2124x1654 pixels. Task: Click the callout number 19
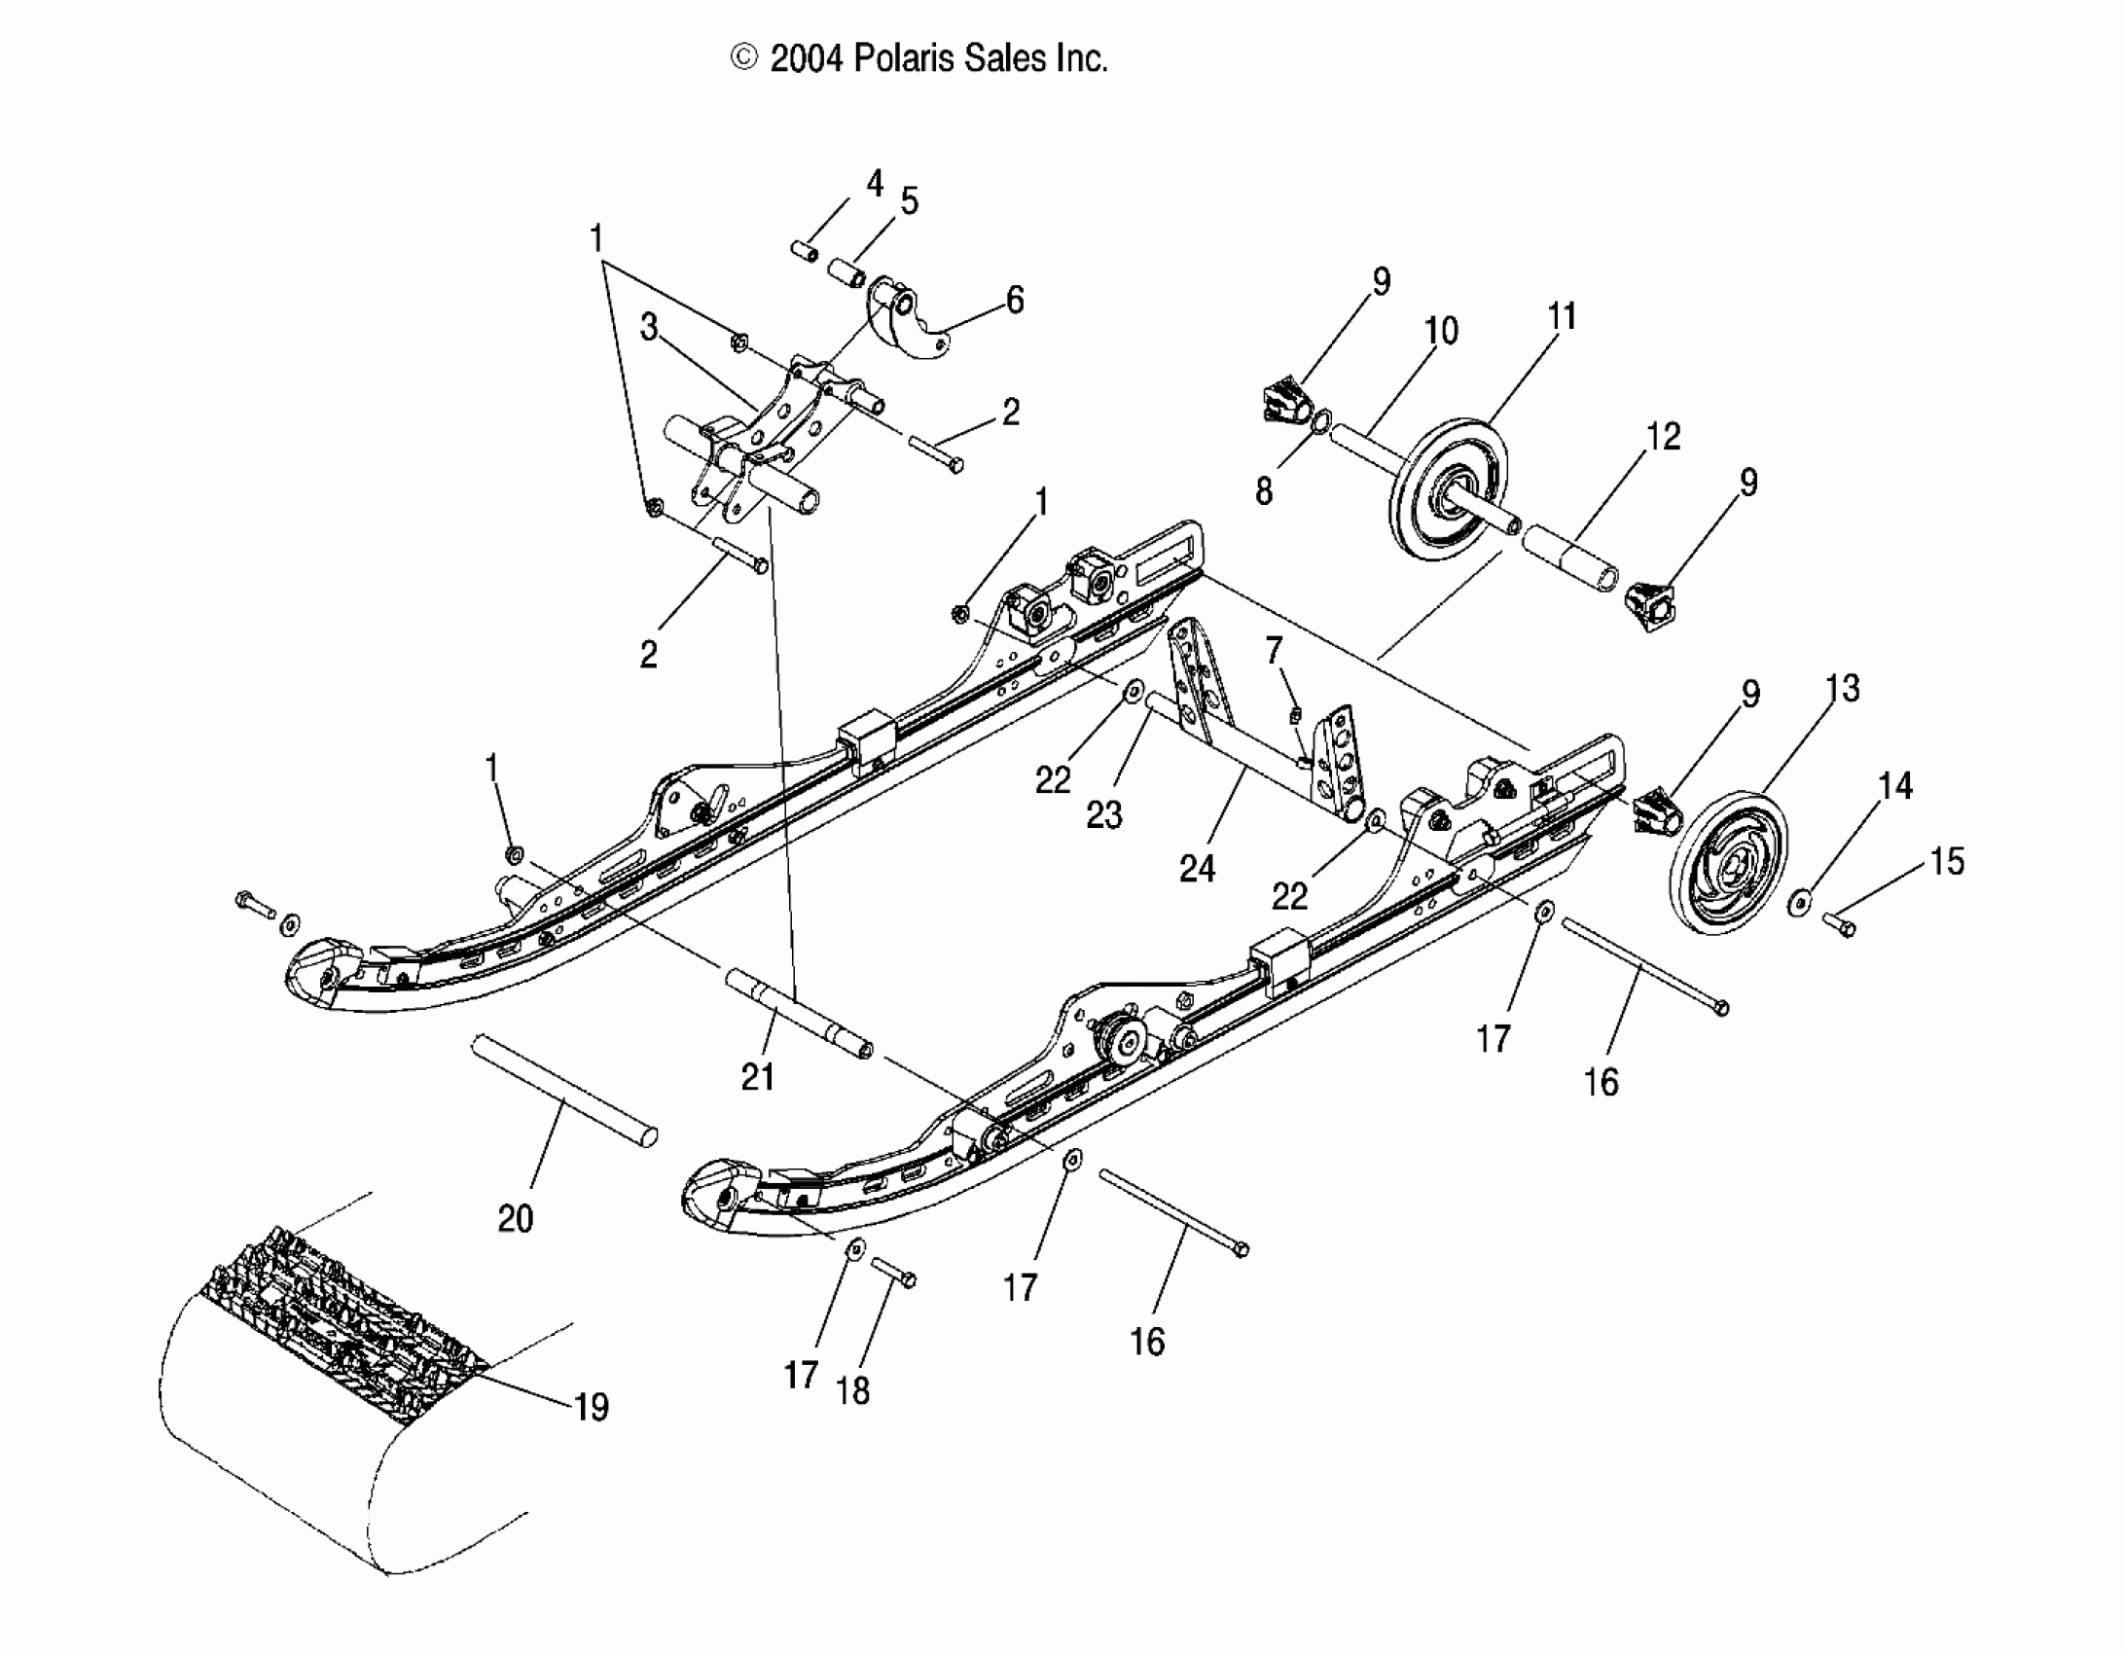(592, 1406)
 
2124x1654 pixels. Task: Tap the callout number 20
(516, 1218)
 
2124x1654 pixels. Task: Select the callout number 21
(757, 1077)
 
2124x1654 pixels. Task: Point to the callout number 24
(1197, 868)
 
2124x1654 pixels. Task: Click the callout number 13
(1843, 689)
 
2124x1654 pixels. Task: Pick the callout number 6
(1015, 300)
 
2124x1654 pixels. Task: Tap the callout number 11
(1561, 316)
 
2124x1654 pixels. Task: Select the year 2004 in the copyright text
(807, 59)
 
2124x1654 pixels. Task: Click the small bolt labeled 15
(1838, 924)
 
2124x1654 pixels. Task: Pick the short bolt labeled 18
(894, 1272)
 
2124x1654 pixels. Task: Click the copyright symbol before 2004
(744, 59)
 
